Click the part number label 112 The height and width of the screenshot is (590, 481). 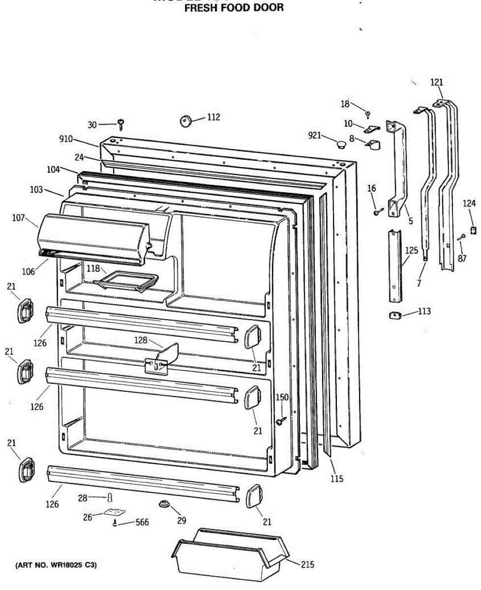213,118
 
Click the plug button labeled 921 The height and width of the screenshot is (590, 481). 340,144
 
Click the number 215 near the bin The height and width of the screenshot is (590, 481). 307,565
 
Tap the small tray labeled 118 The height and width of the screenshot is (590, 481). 126,282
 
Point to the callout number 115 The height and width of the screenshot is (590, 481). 337,478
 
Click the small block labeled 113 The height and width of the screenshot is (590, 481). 395,315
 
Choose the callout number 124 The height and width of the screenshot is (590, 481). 469,203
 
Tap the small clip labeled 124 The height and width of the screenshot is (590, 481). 473,230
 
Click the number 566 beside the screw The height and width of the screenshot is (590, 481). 142,523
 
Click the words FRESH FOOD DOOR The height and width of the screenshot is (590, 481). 234,8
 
